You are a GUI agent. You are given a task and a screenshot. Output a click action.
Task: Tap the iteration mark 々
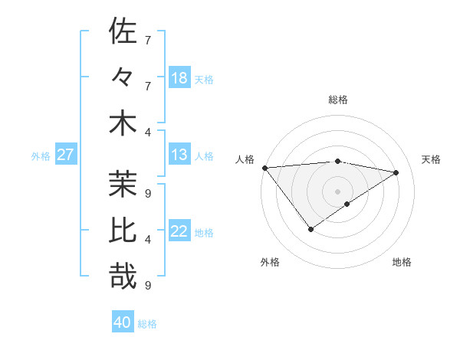pyautogui.click(x=123, y=78)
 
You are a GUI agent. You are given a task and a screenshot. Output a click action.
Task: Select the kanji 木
pyautogui.click(x=123, y=124)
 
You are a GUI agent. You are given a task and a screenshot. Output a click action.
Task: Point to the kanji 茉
pyautogui.click(x=123, y=183)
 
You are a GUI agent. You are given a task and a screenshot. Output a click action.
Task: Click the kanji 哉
pyautogui.click(x=123, y=277)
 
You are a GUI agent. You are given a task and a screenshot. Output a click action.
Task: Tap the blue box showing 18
pyautogui.click(x=179, y=78)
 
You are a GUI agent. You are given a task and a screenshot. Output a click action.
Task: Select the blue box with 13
pyautogui.click(x=179, y=155)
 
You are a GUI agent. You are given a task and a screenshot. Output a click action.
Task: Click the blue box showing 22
pyautogui.click(x=179, y=232)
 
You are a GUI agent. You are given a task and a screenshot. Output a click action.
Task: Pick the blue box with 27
pyautogui.click(x=66, y=155)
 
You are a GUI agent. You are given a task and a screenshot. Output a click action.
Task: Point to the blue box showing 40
pyautogui.click(x=123, y=322)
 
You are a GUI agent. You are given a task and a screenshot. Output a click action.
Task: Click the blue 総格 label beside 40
pyautogui.click(x=147, y=323)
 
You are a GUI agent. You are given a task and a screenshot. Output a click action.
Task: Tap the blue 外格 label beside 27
pyautogui.click(x=41, y=156)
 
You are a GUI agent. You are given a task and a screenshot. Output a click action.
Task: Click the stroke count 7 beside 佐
pyautogui.click(x=148, y=39)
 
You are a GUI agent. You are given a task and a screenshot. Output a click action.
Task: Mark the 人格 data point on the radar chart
pyautogui.click(x=264, y=167)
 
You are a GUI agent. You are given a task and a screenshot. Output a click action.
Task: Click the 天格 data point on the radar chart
pyautogui.click(x=396, y=172)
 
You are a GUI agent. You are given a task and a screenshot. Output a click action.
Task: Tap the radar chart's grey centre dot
pyautogui.click(x=337, y=191)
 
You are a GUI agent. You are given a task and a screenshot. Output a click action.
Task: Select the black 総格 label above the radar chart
pyautogui.click(x=337, y=100)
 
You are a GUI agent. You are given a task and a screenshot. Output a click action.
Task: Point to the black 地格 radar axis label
pyautogui.click(x=402, y=262)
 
